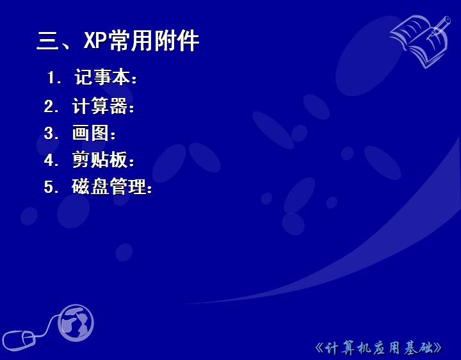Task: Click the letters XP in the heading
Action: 95,40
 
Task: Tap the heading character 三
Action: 47,41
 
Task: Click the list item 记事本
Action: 102,77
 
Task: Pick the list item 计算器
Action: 100,105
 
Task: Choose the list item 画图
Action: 90,133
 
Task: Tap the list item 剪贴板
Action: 100,160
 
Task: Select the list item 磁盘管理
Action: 109,186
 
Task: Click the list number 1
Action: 52,78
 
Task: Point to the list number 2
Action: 49,106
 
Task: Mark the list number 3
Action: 49,133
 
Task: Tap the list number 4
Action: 49,160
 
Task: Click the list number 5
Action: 49,187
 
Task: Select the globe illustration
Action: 76,323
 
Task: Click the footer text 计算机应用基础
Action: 378,348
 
